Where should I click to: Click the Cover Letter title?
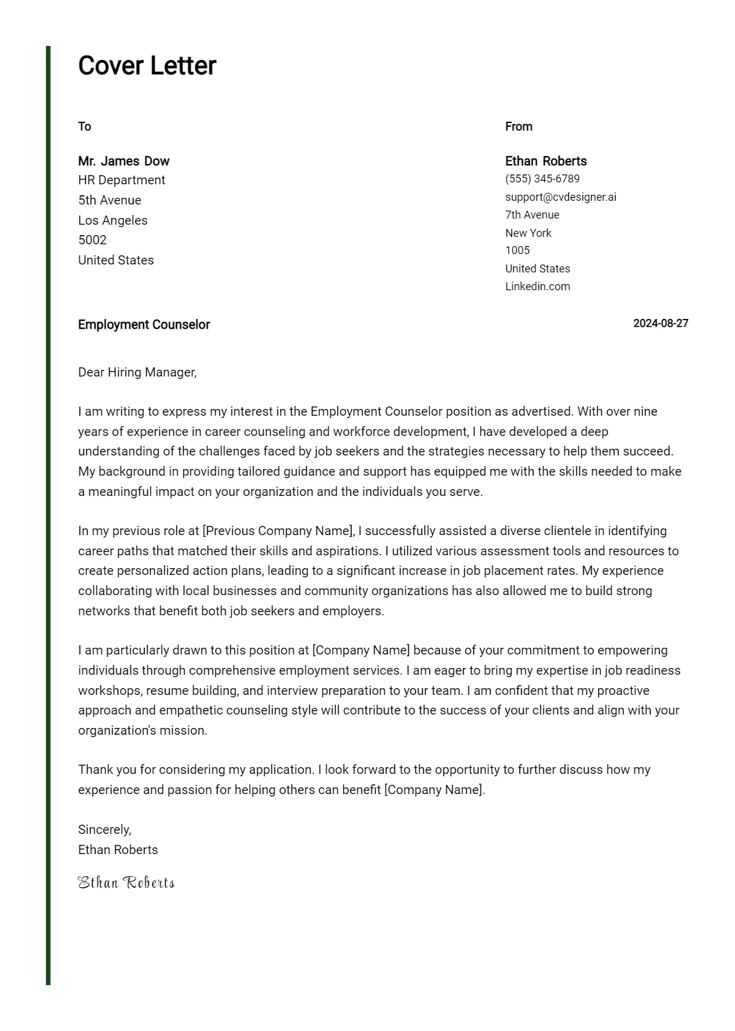point(147,66)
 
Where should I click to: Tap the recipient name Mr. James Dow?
point(124,161)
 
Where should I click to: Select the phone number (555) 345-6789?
point(542,179)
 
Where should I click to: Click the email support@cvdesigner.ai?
point(560,197)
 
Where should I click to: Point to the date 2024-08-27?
point(660,323)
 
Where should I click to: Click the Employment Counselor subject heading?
point(144,324)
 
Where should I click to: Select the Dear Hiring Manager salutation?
point(137,372)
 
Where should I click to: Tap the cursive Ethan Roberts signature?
point(126,882)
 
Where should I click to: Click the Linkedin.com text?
point(537,287)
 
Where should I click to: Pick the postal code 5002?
point(92,240)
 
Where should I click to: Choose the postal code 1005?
point(518,250)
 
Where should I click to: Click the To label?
point(85,127)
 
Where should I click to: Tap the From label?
point(519,127)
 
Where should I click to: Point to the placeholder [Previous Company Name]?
point(278,531)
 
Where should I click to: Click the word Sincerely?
point(105,830)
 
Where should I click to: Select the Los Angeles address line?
point(113,220)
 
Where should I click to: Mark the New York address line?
point(528,233)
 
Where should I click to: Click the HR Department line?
point(122,180)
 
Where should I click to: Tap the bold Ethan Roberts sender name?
point(546,161)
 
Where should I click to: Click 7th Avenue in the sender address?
point(532,215)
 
